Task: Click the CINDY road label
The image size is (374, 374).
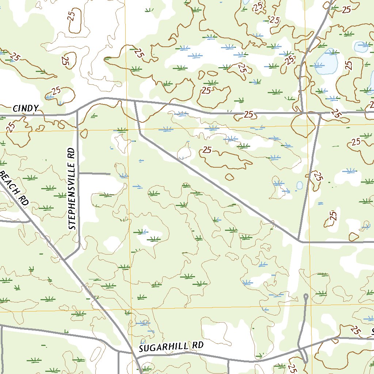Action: coord(26,108)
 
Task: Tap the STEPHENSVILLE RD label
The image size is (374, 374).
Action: coord(72,188)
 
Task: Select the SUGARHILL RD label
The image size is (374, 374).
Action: coord(171,347)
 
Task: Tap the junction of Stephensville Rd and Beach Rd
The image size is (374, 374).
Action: coord(65,259)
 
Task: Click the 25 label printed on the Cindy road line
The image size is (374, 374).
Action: coord(249,115)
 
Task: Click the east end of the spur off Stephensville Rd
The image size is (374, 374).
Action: coord(110,173)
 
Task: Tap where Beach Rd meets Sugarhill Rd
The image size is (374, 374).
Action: coord(132,353)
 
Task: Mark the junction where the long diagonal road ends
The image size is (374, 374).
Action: coord(299,241)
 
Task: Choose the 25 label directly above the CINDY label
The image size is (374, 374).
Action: coord(56,90)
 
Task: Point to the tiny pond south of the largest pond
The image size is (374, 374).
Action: coord(299,185)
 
